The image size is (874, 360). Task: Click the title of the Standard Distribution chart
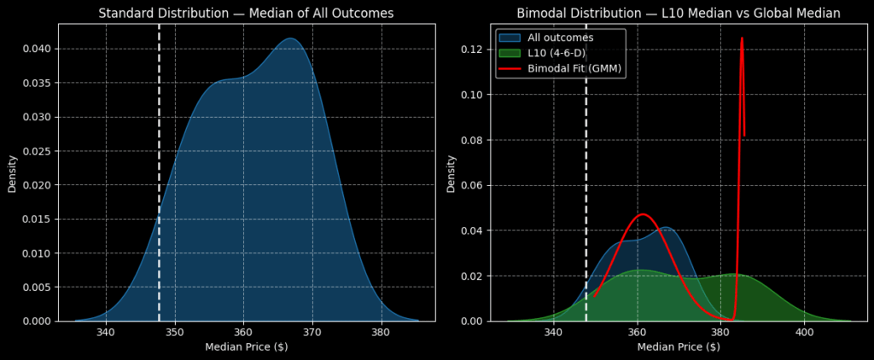point(246,13)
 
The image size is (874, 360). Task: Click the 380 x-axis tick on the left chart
point(380,333)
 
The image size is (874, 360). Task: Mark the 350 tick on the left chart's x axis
point(174,333)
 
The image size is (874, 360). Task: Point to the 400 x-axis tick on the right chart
point(804,333)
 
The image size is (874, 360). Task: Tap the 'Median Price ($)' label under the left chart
point(246,346)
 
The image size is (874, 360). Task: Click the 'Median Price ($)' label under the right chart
point(679,346)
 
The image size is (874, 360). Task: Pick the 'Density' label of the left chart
point(13,173)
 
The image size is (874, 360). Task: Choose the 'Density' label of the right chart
point(451,173)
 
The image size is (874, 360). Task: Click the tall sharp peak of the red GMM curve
point(742,38)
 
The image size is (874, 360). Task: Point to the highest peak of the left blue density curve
point(290,38)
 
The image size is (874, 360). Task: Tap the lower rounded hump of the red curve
point(642,214)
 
